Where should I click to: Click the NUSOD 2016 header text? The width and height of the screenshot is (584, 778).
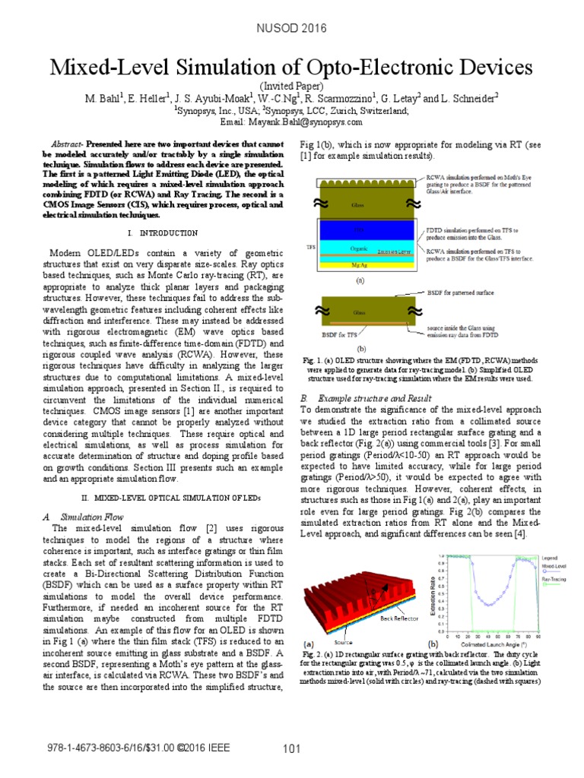(x=291, y=29)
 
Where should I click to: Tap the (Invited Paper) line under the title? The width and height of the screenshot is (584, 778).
(x=291, y=87)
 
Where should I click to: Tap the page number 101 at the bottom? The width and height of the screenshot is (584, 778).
(x=292, y=750)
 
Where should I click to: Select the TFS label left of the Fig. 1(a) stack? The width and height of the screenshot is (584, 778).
(x=309, y=247)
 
